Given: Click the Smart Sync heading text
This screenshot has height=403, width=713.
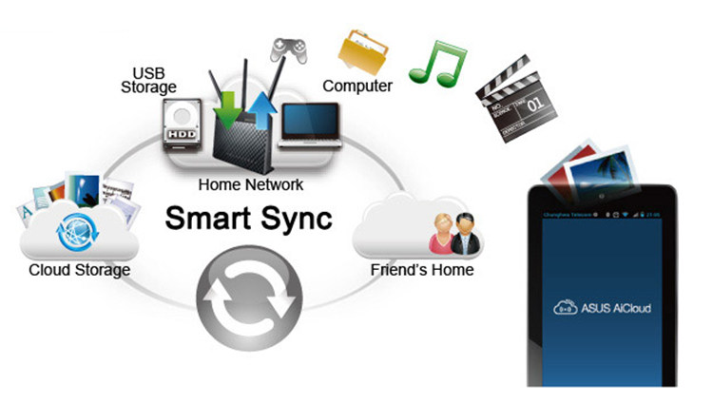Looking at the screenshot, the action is (x=249, y=218).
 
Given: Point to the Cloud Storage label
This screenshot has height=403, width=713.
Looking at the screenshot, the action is (x=79, y=270).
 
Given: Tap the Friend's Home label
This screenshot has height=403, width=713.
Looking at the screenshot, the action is (x=421, y=270).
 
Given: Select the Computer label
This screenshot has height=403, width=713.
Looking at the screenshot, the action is (x=357, y=86).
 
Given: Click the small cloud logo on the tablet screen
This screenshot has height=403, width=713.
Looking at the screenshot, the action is (x=566, y=308).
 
